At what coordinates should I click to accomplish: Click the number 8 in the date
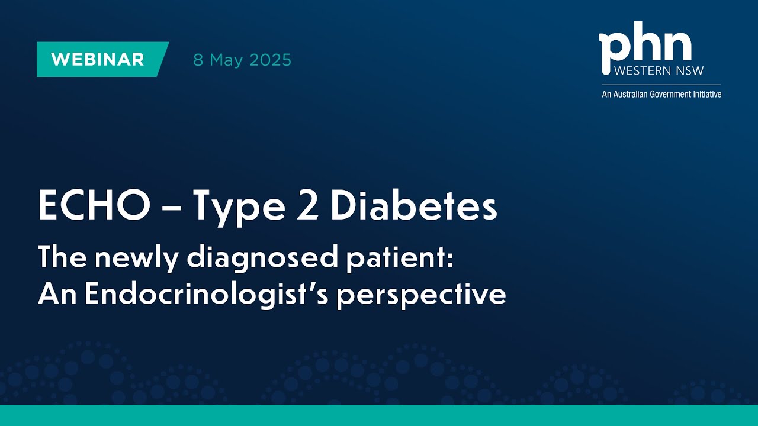click(198, 60)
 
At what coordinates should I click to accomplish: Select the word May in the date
click(226, 60)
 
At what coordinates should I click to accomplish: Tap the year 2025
click(270, 60)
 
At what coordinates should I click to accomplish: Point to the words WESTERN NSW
click(659, 71)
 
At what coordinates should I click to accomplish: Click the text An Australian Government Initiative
click(661, 93)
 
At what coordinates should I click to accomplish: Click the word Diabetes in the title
click(413, 205)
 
